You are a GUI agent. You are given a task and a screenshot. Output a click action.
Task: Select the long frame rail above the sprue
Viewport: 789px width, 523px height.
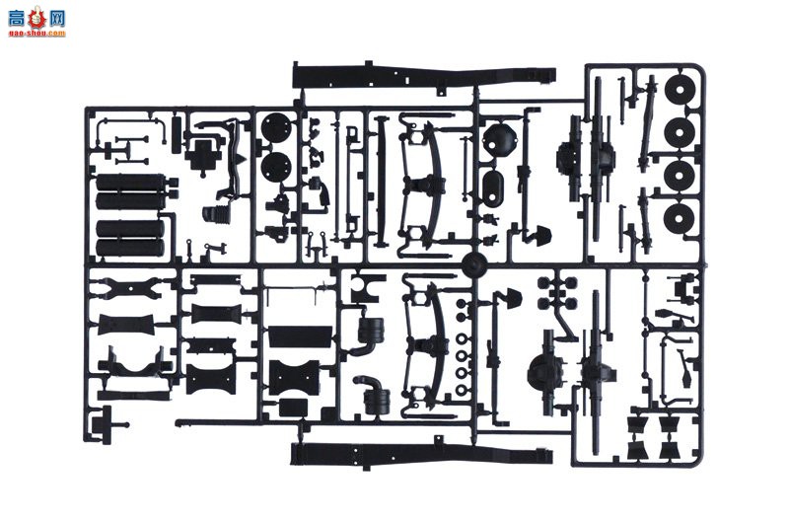coord(424,75)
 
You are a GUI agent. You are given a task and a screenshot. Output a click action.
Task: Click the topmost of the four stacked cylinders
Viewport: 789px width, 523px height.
coord(128,185)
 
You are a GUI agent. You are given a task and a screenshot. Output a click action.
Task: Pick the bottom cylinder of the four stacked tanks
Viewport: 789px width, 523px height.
coord(128,247)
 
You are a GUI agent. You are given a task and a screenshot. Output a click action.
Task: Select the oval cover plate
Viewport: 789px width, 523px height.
coord(494,186)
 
